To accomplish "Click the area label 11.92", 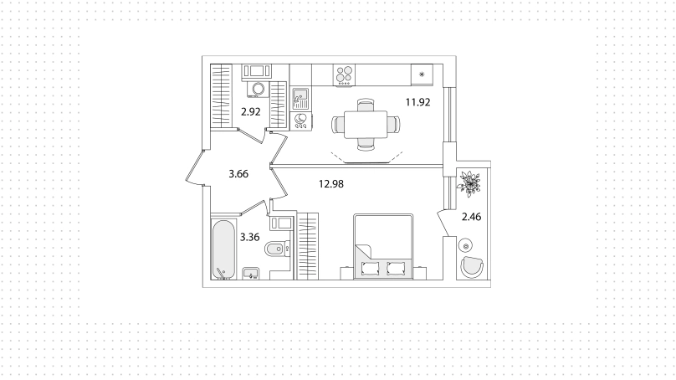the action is point(417,102).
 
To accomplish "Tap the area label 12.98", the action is point(331,184).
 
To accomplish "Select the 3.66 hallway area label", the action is point(238,174).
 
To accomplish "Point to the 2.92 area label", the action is point(250,111).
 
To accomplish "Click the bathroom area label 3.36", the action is point(249,237).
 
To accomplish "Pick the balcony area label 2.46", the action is point(471,217).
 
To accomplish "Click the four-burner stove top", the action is point(344,75).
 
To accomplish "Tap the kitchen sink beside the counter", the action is point(300,99).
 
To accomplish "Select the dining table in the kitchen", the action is point(366,124).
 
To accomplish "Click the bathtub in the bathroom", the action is point(223,249).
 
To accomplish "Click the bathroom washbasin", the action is point(250,274).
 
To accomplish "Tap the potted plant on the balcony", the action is point(469,184).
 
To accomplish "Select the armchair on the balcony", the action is point(472,267).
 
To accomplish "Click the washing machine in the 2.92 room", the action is point(259,89).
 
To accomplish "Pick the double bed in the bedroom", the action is point(383,246).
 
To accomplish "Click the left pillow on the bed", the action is point(371,269).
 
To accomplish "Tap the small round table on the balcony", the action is point(466,246).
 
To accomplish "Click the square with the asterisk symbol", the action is point(422,74).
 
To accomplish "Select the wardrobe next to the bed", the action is point(307,246).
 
